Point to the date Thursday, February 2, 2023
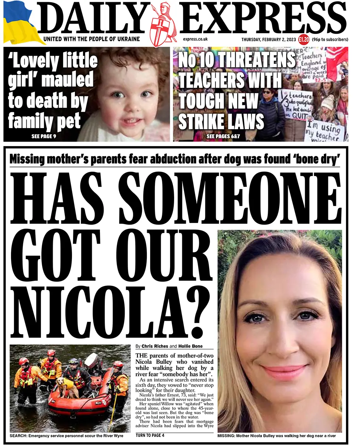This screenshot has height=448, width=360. tap(269, 39)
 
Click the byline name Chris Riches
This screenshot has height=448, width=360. tap(155, 347)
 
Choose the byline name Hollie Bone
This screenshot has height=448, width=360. tap(191, 347)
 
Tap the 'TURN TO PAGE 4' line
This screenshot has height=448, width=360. tap(150, 435)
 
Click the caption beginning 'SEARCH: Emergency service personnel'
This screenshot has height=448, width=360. tap(66, 436)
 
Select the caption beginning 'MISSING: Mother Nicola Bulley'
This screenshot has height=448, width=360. tap(277, 436)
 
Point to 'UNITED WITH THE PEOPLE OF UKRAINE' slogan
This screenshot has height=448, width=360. tap(91, 39)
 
